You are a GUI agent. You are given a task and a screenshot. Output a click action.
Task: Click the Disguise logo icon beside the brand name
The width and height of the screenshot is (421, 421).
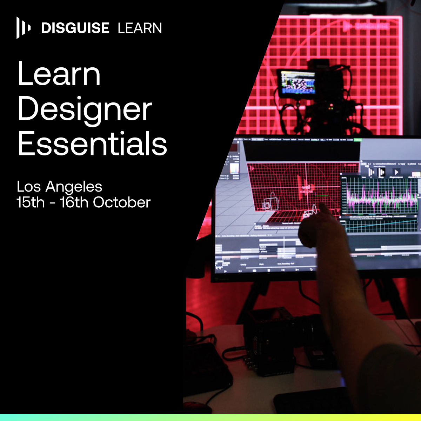click(23, 28)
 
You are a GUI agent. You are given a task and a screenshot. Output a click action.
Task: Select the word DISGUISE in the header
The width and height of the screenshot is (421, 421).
click(75, 28)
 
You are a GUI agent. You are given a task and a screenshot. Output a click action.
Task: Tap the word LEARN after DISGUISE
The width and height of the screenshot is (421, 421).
click(140, 28)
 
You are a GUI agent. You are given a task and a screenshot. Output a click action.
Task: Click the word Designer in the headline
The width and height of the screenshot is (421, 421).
click(85, 109)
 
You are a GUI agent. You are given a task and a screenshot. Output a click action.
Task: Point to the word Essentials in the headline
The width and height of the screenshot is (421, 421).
click(92, 144)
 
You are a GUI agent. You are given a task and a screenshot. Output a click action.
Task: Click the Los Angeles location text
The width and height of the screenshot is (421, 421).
click(59, 187)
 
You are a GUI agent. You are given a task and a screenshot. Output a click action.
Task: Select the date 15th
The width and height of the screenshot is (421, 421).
click(31, 202)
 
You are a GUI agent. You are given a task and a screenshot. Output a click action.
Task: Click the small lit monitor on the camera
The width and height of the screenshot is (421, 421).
click(296, 81)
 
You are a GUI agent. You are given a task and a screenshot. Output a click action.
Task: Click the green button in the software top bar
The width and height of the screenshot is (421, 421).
click(357, 140)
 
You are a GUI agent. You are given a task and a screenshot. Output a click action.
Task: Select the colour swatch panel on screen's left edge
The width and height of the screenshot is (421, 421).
click(233, 168)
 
